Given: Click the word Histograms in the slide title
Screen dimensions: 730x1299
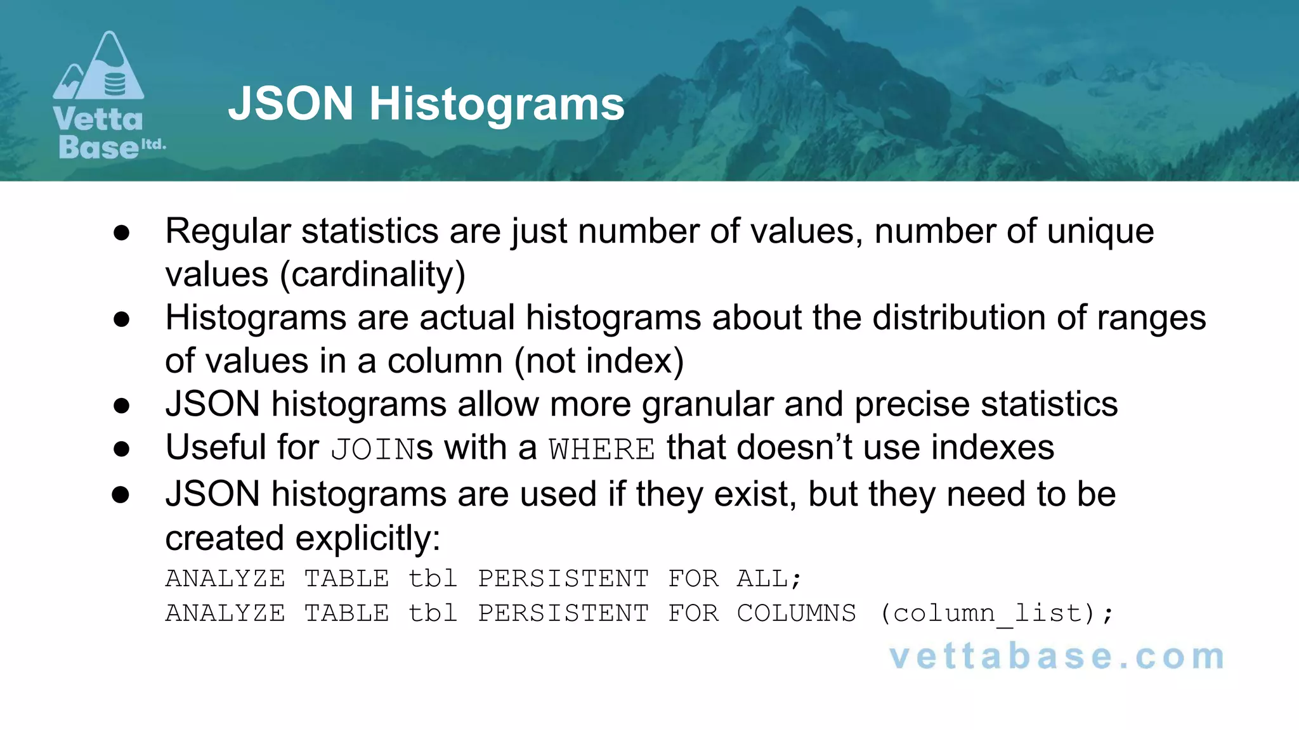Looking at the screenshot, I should [x=497, y=104].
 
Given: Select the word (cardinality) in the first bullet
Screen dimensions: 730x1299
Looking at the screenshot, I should [x=373, y=274].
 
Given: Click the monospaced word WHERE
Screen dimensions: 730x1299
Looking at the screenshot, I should [x=602, y=449].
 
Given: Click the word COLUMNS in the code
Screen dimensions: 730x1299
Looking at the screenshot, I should [x=796, y=613].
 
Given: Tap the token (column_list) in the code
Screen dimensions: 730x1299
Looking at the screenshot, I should [x=996, y=613].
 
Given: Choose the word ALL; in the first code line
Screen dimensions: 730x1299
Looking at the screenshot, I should [x=769, y=579].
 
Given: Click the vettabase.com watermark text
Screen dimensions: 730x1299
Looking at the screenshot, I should [x=1057, y=656].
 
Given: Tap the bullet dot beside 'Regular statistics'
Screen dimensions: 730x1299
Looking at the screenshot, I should [x=121, y=233].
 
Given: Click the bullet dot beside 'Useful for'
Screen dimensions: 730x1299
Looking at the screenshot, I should [x=121, y=449].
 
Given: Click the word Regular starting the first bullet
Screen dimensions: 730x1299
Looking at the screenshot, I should [x=228, y=231].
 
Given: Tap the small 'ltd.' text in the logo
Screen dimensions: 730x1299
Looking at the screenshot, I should [x=153, y=144].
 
